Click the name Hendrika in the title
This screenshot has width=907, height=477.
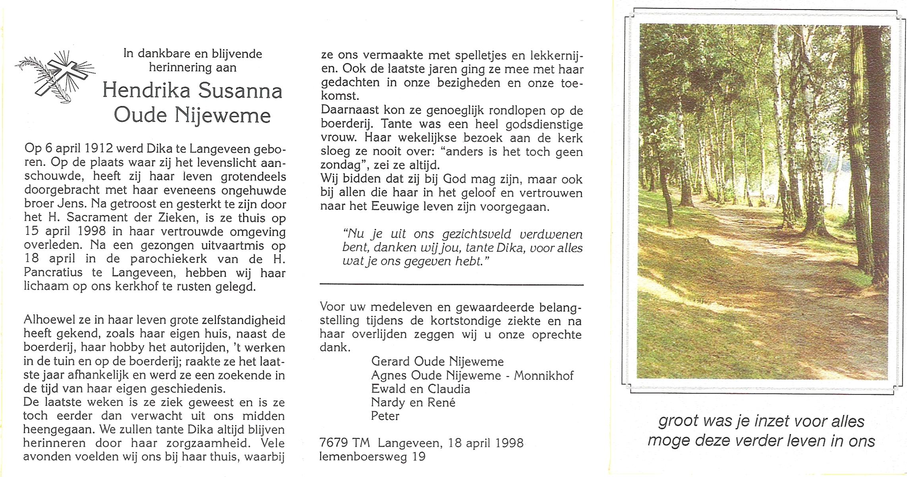pyautogui.click(x=146, y=91)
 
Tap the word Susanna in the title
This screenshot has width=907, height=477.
pyautogui.click(x=240, y=91)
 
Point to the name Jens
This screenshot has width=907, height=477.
pyautogui.click(x=72, y=204)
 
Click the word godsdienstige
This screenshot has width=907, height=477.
pyautogui.click(x=544, y=124)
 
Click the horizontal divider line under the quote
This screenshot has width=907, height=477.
pyautogui.click(x=451, y=285)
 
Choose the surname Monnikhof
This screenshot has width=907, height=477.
pyautogui.click(x=543, y=375)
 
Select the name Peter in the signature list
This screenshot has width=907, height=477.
pyautogui.click(x=385, y=416)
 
